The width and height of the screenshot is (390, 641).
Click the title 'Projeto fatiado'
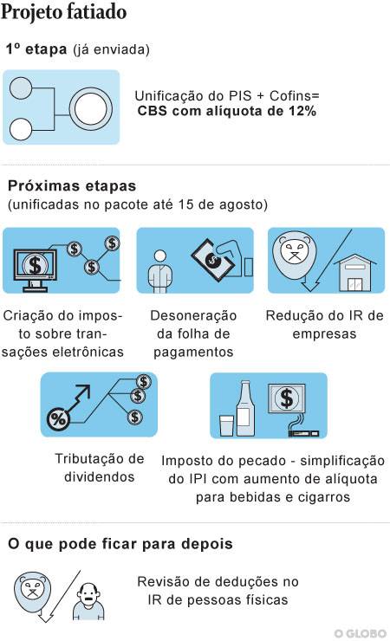click(x=64, y=12)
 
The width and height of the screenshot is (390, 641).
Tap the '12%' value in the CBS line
click(x=302, y=111)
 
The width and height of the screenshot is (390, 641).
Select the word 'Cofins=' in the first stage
click(x=294, y=95)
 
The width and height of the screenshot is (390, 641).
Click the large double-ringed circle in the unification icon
click(x=91, y=109)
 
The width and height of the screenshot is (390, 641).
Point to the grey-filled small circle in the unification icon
click(x=21, y=87)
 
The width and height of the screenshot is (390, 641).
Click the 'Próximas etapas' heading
click(x=72, y=185)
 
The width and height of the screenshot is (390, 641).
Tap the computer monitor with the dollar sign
click(x=35, y=269)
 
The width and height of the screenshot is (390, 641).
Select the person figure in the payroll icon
click(x=160, y=271)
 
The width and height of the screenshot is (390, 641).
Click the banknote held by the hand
click(x=212, y=259)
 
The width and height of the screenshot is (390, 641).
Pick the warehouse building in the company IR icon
click(x=354, y=273)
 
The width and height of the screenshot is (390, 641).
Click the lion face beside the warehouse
click(x=295, y=256)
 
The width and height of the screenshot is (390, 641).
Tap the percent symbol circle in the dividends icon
click(x=58, y=419)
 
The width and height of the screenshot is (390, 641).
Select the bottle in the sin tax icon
click(x=245, y=408)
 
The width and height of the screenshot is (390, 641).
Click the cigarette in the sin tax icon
click(x=303, y=433)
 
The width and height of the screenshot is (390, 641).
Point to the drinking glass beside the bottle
click(x=226, y=425)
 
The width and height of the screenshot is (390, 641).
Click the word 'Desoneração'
click(x=193, y=315)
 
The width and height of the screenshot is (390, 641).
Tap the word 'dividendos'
click(x=100, y=477)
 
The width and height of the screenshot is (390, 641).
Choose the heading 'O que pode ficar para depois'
click(x=120, y=544)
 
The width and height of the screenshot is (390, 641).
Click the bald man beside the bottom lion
click(x=88, y=601)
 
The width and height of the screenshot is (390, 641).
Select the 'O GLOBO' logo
click(x=361, y=633)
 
